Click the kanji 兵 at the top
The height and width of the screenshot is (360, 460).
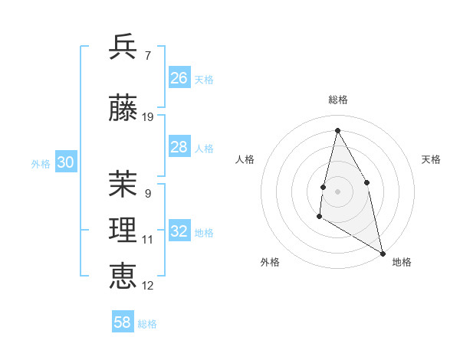(x=123, y=47)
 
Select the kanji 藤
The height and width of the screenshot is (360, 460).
(x=123, y=110)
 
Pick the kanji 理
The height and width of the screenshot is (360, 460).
(x=123, y=231)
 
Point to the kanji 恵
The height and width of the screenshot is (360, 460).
(x=123, y=276)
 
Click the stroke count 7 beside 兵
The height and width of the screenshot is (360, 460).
(x=148, y=55)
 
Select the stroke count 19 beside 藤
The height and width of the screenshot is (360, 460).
(x=148, y=117)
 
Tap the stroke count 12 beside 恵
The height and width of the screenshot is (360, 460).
(x=148, y=285)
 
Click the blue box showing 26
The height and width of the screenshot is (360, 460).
(x=179, y=78)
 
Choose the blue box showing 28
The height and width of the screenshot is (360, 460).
(x=179, y=147)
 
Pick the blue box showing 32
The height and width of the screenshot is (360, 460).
(x=179, y=231)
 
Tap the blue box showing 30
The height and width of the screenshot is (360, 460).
(x=65, y=162)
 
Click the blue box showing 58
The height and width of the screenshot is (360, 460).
(x=123, y=322)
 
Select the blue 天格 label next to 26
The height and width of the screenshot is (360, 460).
(x=204, y=80)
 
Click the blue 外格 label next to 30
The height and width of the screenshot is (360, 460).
(x=41, y=164)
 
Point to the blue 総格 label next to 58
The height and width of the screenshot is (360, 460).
(x=147, y=324)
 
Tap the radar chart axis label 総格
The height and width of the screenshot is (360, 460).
(x=338, y=100)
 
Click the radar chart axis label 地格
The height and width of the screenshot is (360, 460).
(x=402, y=262)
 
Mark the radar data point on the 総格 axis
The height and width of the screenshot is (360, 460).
(x=337, y=130)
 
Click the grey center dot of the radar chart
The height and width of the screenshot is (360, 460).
(x=338, y=191)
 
